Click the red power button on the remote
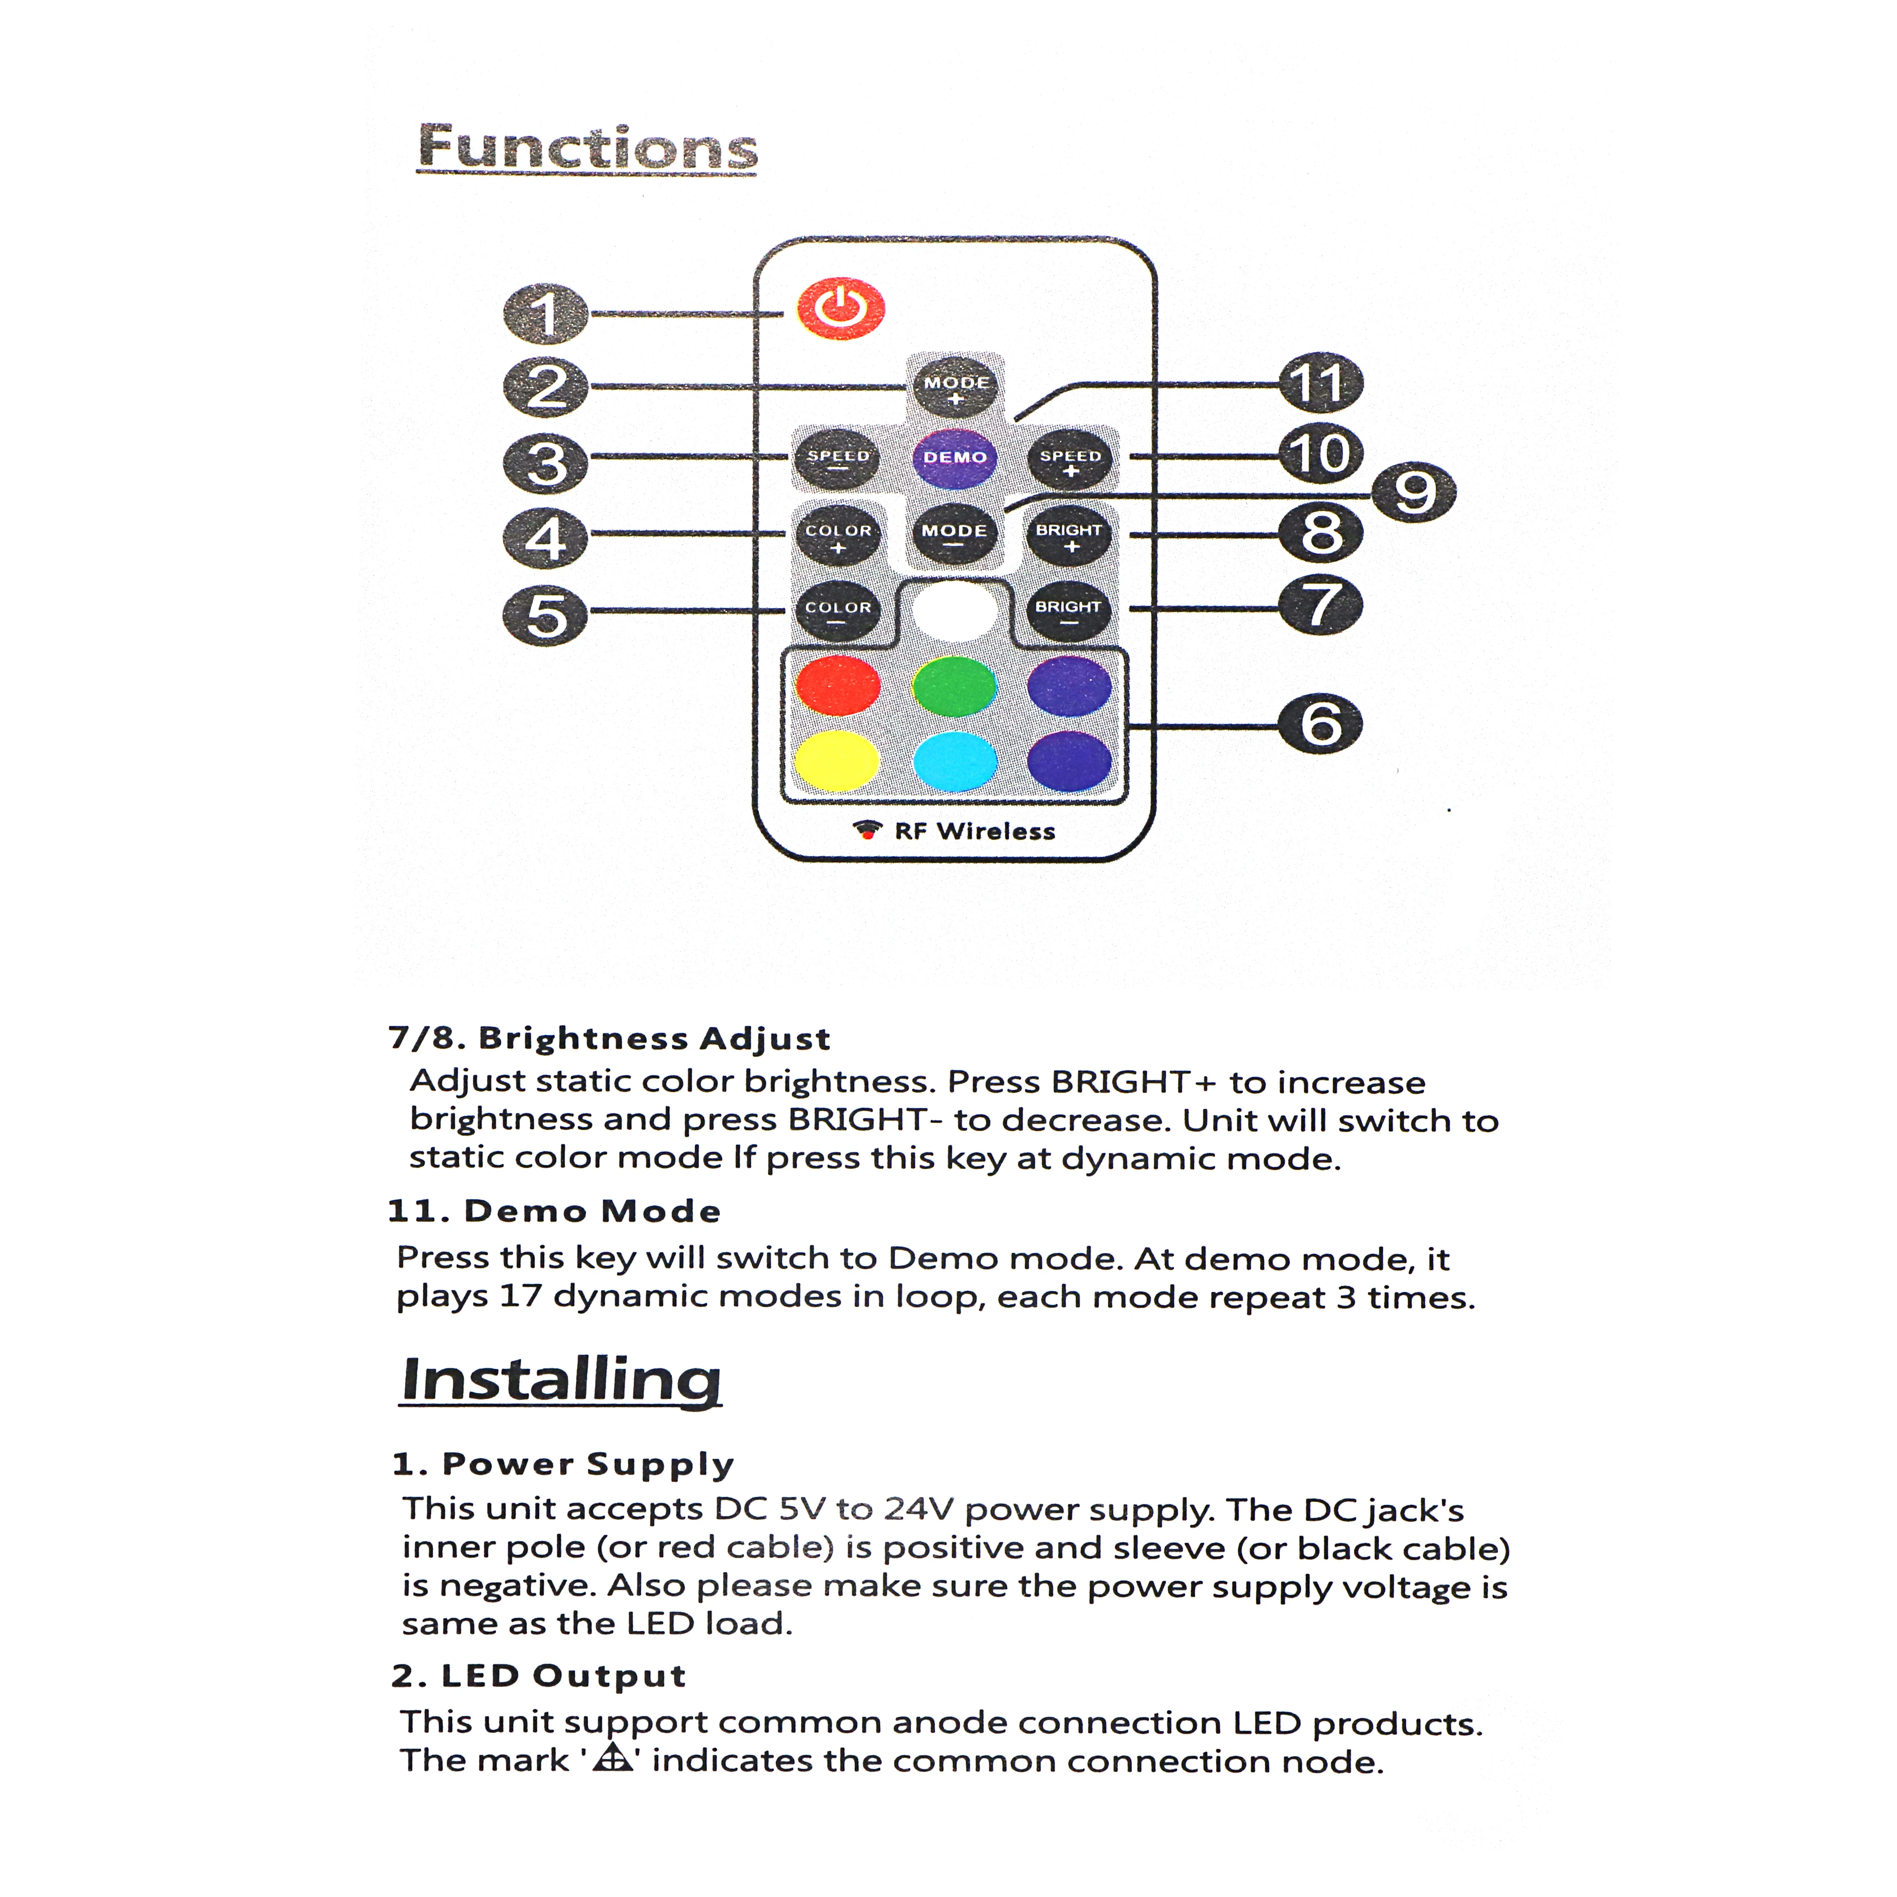point(840,308)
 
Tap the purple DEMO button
point(954,458)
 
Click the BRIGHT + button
point(1069,535)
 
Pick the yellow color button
point(837,761)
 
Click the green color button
point(954,685)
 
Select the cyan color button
point(954,761)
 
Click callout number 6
point(1321,725)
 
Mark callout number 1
point(546,314)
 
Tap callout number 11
point(1321,383)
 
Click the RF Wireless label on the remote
point(974,832)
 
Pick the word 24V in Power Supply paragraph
point(918,1509)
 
